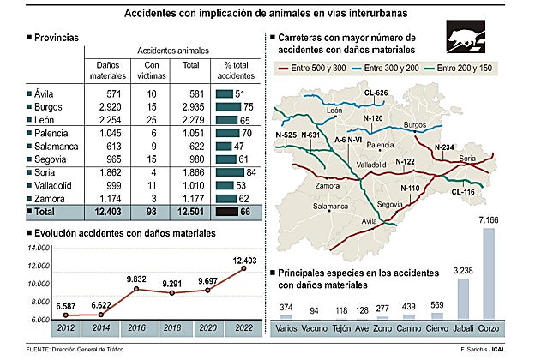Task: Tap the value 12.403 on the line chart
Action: [x=243, y=258]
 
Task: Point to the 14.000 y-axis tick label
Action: [x=39, y=248]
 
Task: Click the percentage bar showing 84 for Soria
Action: [x=230, y=173]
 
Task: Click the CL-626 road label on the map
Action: [x=376, y=92]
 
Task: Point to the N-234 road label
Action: [x=443, y=147]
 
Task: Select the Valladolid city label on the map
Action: [x=370, y=163]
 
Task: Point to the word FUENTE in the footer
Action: [x=40, y=350]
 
